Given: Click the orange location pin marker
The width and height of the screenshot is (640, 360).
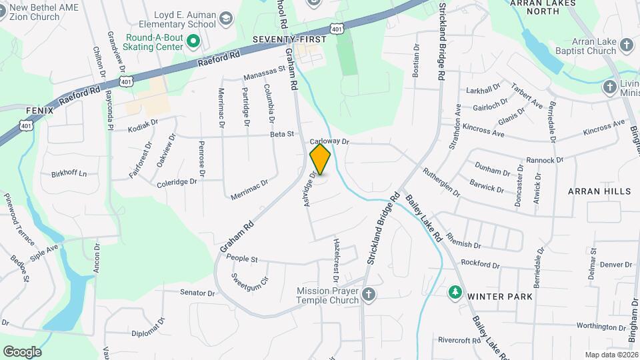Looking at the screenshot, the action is [321, 159].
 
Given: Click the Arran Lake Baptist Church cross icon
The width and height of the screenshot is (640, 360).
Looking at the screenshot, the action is [626, 45].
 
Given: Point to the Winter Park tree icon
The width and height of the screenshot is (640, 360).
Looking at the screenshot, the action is [455, 292].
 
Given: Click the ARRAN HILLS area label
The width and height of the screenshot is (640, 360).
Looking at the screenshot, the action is [599, 191].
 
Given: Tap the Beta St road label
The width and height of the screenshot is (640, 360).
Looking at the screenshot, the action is [282, 134].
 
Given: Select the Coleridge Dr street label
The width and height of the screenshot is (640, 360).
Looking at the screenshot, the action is [177, 181].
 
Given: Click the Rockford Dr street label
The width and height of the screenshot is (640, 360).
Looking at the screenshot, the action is [480, 263].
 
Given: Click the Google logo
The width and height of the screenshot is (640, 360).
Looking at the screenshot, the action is [22, 351].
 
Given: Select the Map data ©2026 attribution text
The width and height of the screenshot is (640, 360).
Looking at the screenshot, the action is [611, 355].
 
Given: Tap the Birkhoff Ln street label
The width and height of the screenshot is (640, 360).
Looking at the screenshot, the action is [69, 174].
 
